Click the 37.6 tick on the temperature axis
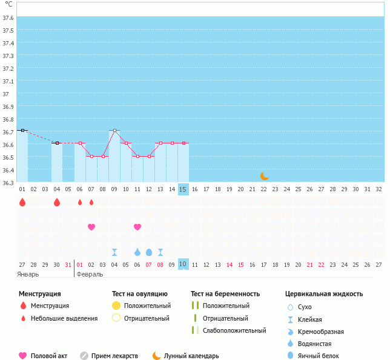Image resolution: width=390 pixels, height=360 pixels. (x=8, y=18)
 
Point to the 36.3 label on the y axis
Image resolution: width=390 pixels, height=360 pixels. (x=8, y=182)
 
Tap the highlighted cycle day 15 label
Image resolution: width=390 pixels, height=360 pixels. (x=183, y=189)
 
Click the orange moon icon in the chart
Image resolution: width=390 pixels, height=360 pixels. (x=264, y=176)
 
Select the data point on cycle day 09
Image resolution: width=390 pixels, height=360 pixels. (x=114, y=130)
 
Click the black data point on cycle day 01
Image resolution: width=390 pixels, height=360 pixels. (x=22, y=130)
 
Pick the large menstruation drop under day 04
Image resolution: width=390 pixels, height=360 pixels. (x=57, y=202)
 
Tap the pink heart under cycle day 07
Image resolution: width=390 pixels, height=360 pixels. (x=91, y=227)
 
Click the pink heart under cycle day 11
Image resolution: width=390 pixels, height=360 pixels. (x=137, y=227)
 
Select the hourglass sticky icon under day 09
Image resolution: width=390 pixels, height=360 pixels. (x=114, y=252)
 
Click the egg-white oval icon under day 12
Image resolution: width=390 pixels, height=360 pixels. (x=149, y=252)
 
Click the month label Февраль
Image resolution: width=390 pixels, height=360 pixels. (x=90, y=274)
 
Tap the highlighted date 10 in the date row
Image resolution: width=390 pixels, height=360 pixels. (x=183, y=264)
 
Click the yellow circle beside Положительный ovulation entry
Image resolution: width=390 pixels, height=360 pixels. (x=116, y=306)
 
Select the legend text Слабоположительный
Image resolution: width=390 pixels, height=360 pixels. (x=234, y=330)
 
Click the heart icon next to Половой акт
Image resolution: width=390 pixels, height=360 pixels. (x=23, y=356)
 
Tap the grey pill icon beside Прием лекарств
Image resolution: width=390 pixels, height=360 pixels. (x=84, y=356)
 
